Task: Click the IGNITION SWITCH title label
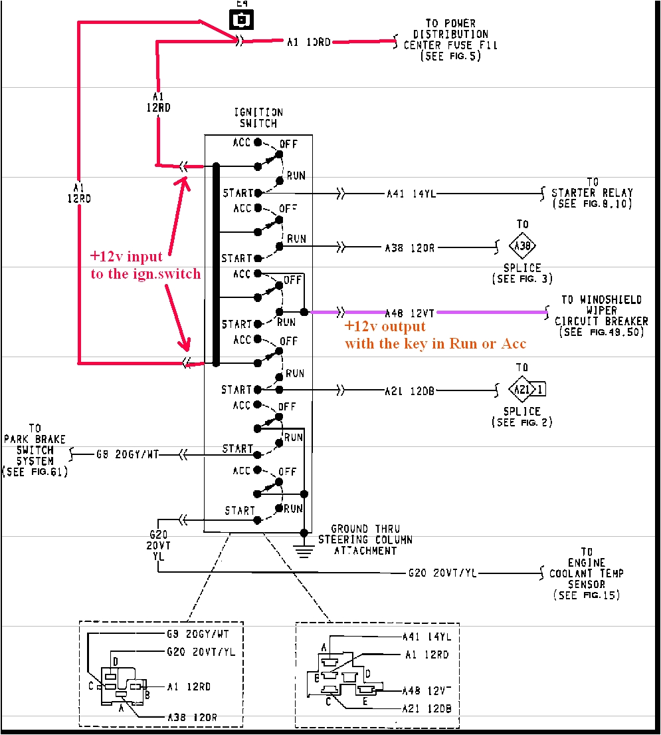(x=258, y=118)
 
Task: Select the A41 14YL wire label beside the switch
(x=411, y=194)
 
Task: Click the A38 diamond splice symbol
(x=522, y=247)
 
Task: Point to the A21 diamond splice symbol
(x=521, y=390)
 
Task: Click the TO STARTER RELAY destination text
(x=591, y=193)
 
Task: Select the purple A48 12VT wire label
(x=410, y=312)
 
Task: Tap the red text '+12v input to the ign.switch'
(x=145, y=265)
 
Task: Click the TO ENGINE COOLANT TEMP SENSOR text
(x=586, y=573)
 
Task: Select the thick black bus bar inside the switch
(x=216, y=264)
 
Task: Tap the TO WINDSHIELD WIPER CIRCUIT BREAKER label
(x=599, y=315)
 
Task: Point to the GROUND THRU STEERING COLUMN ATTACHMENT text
(x=365, y=539)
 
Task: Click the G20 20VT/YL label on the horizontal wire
(x=442, y=573)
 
